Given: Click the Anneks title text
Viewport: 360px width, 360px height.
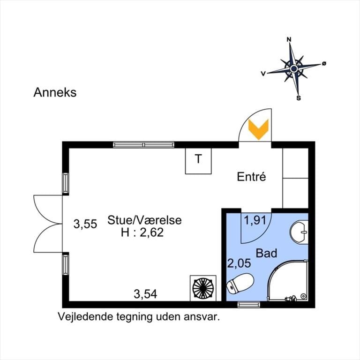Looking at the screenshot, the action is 55,92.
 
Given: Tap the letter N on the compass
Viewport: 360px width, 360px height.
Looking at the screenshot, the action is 289,39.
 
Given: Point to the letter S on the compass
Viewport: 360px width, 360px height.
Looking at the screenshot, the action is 299,98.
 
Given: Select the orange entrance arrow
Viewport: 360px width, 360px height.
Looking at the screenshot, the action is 258,129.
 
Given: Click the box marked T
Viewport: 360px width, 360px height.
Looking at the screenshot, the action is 198,161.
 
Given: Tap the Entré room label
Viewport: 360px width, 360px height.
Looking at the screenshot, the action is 251,177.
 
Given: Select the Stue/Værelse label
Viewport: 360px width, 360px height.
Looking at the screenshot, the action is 144,220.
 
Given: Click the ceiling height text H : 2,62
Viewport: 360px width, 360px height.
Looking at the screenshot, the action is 142,232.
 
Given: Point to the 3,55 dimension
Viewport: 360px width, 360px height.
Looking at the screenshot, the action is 85,224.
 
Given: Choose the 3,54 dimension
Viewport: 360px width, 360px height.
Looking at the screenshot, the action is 145,294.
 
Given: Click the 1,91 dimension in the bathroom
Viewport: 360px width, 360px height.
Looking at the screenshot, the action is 255,220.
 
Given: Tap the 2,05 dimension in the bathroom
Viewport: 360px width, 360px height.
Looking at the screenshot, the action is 239,263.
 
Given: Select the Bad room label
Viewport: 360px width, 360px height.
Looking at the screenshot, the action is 266,253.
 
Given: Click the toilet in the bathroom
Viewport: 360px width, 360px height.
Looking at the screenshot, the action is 240,283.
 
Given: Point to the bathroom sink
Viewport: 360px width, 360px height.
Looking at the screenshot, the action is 299,232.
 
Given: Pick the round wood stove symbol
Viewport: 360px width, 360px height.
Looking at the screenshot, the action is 203,288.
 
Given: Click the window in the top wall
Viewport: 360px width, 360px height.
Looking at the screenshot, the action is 144,145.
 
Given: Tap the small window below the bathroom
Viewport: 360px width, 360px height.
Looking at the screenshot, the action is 249,304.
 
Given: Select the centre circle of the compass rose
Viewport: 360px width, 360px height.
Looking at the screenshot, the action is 294,68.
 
